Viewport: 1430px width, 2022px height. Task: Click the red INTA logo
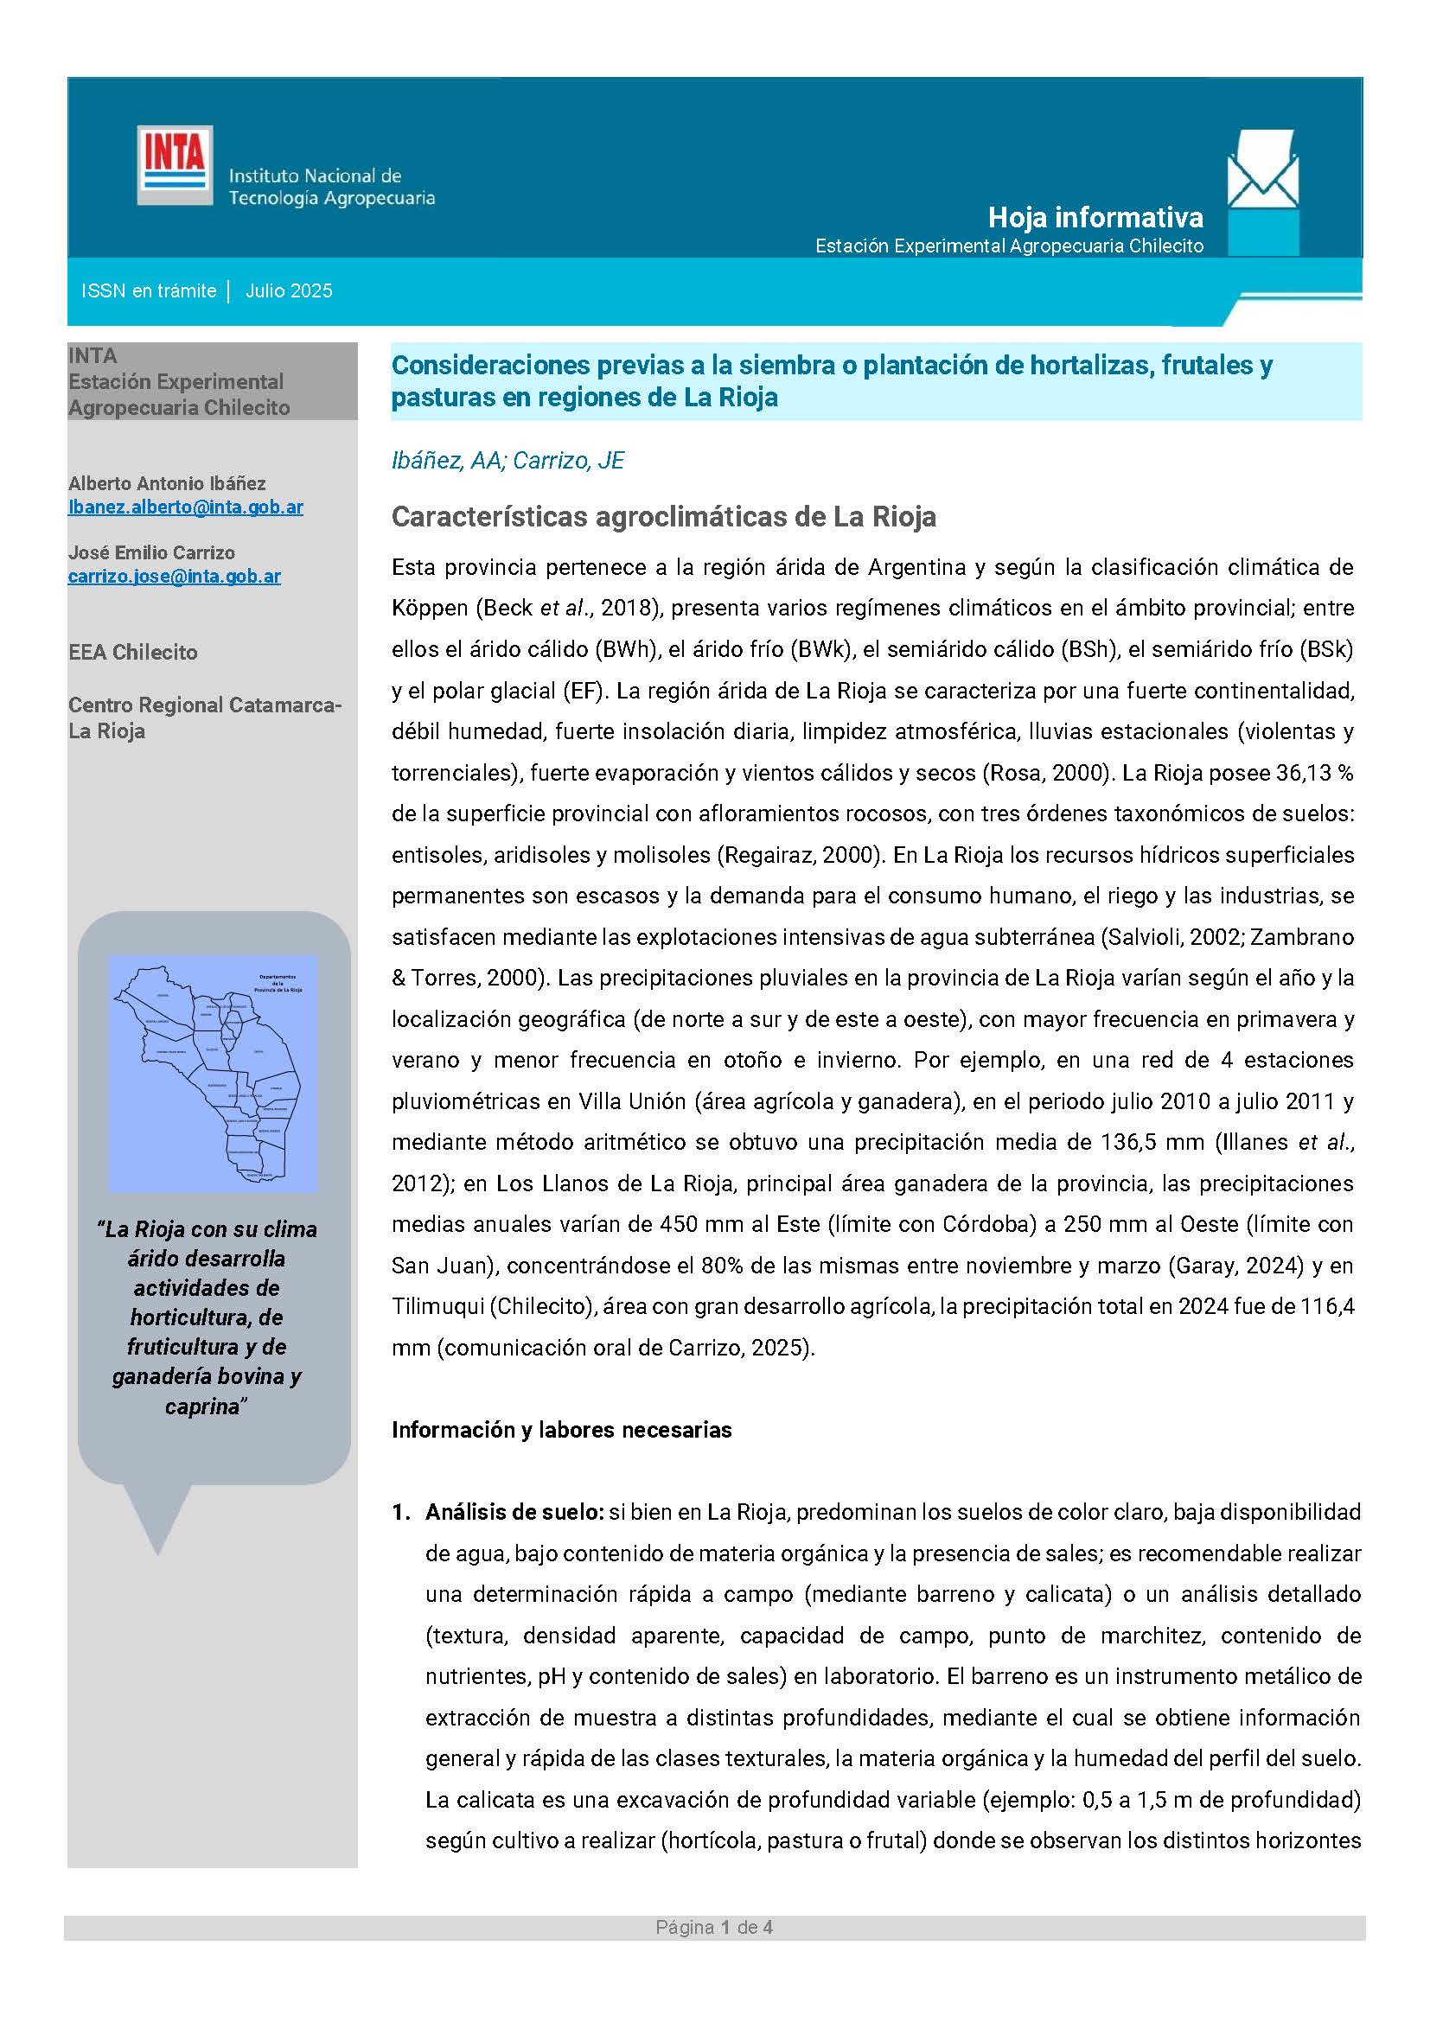175,165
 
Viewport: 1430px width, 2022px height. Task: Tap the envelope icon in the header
1261,169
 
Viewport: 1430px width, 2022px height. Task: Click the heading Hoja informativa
1095,217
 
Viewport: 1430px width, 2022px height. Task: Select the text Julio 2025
289,291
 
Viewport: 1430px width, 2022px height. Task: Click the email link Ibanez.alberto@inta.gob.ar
186,507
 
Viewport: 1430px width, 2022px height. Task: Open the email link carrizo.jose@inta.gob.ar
175,577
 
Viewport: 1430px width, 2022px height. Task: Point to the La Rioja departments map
212,1074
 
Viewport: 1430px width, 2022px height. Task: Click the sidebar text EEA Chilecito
133,653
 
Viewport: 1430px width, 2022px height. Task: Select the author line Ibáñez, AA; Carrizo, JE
508,461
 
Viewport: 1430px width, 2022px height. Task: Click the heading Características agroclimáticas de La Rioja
663,517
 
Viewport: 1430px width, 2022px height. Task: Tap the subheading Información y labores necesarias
562,1430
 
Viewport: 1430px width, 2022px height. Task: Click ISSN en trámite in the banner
149,291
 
